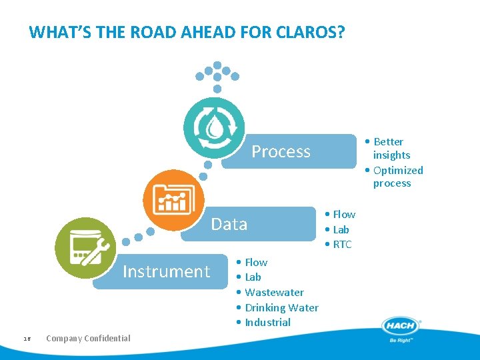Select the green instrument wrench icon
[85, 247]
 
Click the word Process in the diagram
[281, 152]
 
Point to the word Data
[229, 224]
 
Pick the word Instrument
[166, 271]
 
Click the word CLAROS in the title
[307, 32]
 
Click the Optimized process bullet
[396, 177]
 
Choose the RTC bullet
[341, 245]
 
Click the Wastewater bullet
[273, 292]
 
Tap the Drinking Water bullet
[281, 307]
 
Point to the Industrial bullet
[267, 323]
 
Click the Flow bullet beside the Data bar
[343, 214]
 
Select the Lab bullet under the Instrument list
[252, 277]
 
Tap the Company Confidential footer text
[88, 338]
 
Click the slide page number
[27, 339]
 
